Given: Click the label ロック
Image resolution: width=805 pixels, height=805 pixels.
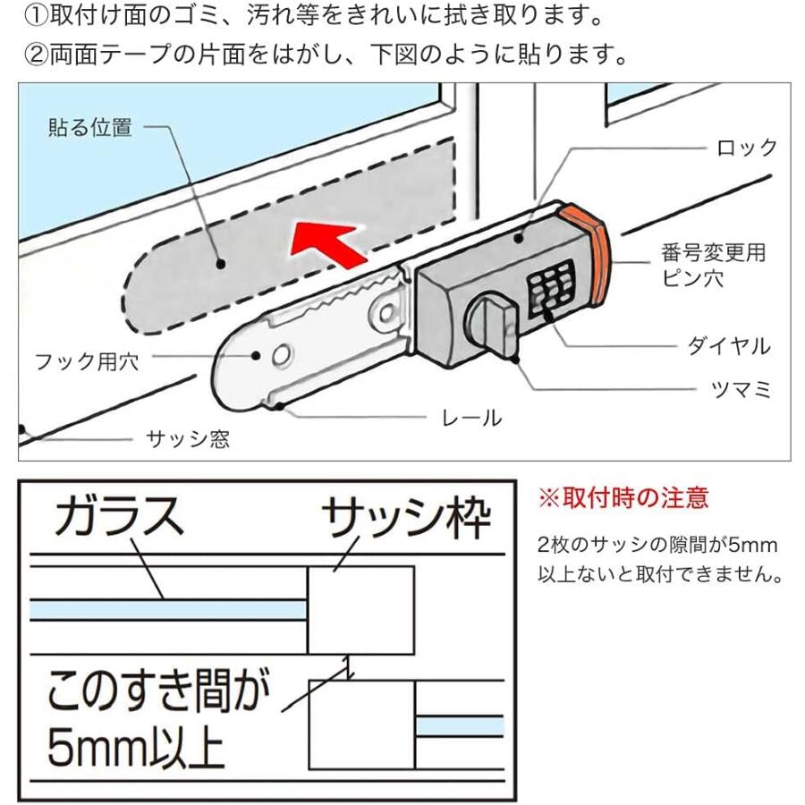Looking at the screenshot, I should coord(747,148).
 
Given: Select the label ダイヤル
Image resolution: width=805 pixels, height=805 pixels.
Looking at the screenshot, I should coord(728,346).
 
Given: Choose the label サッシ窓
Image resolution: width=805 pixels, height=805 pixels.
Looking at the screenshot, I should coord(187,439).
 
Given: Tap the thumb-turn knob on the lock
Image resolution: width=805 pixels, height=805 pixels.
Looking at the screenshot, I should coord(488,323).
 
